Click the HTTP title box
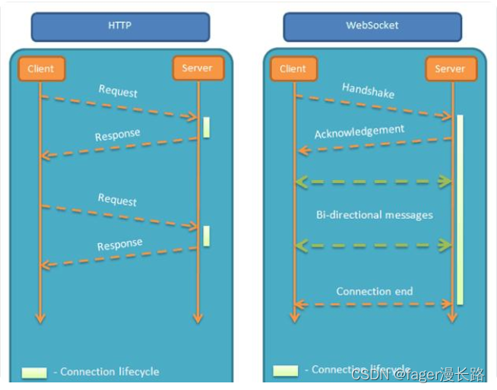tap(120, 26)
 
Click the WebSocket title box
tap(372, 26)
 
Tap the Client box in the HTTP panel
tap(41, 68)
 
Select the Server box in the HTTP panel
tap(198, 68)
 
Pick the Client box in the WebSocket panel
tap(293, 68)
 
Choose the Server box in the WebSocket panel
tap(450, 68)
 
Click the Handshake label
tap(368, 90)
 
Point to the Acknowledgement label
tap(359, 132)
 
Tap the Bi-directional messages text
tap(374, 214)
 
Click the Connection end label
tap(374, 291)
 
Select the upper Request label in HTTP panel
tap(118, 90)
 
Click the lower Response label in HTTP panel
tap(119, 246)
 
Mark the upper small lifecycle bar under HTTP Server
tap(206, 126)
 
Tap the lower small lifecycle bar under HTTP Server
tap(206, 236)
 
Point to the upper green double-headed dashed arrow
tap(373, 181)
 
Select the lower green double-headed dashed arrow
tap(373, 245)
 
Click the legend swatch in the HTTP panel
tap(33, 373)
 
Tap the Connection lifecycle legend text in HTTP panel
tap(109, 372)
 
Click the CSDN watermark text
tap(417, 374)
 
